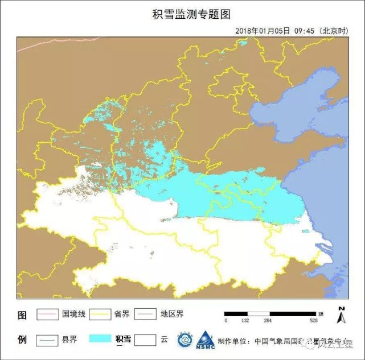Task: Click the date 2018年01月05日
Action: coord(262,31)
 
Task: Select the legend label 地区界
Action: coord(172,314)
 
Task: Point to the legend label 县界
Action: coord(69,340)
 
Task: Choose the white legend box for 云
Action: coord(145,340)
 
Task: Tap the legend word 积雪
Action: coord(123,340)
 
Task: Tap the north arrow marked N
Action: coord(342,315)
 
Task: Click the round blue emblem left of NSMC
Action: coord(184,341)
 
